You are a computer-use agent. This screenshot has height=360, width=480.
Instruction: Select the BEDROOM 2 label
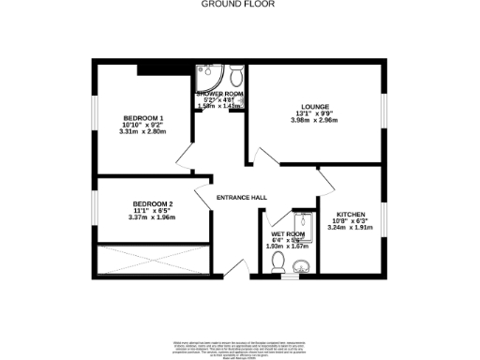pos(153,203)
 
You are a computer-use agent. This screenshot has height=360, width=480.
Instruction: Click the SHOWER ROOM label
pos(220,95)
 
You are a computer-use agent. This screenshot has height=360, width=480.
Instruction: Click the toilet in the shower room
pos(235,74)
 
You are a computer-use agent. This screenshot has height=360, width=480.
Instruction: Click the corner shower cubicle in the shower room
pos(206,75)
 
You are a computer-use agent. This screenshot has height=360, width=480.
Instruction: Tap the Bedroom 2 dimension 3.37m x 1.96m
pos(152,217)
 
